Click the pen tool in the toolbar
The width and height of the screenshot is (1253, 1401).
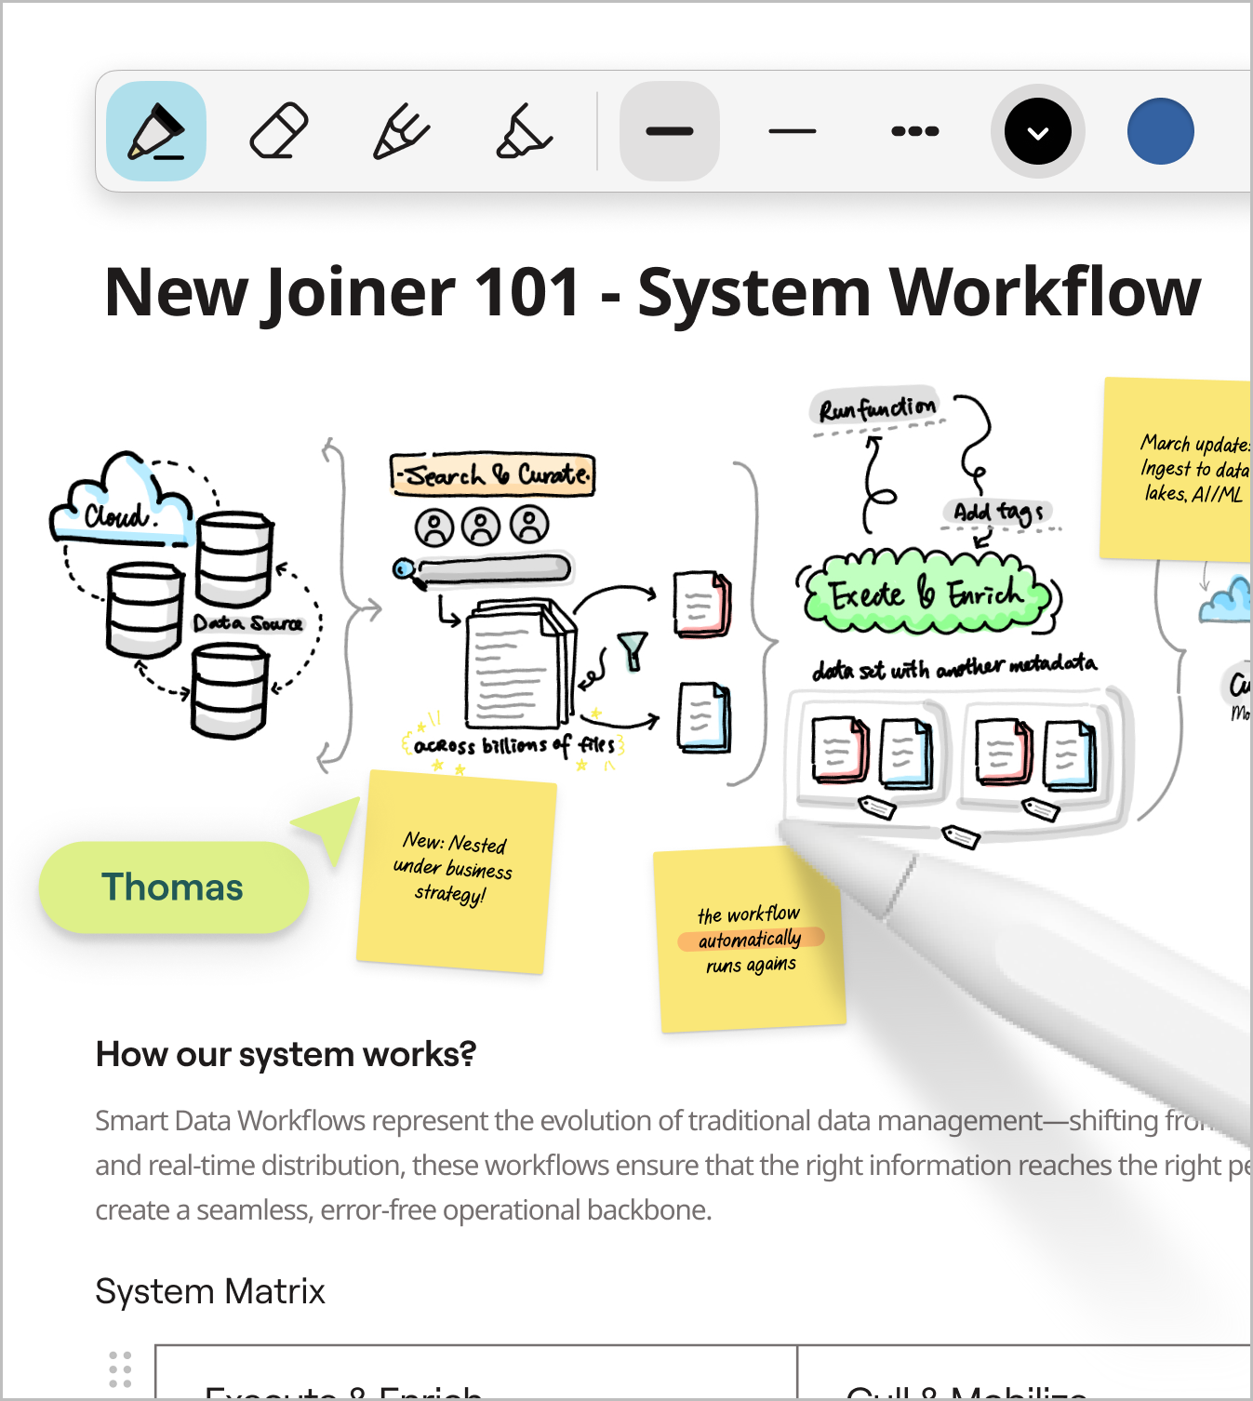pos(156,131)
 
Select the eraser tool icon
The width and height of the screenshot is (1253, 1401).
pos(279,131)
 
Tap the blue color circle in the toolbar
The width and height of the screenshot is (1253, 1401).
pos(1160,131)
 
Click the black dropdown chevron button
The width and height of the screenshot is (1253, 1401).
pos(1037,131)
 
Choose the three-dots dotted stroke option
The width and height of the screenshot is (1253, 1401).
pos(914,131)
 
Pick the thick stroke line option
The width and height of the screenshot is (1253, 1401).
pos(670,131)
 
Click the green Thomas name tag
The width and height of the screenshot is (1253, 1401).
pos(173,887)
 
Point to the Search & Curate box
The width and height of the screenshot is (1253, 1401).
pos(493,475)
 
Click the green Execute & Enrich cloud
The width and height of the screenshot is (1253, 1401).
pos(926,594)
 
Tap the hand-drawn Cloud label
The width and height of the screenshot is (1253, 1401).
pos(115,514)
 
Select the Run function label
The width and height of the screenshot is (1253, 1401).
pos(876,407)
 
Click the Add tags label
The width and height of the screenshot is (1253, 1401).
pos(997,512)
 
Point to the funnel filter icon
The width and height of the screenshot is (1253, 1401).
pos(633,649)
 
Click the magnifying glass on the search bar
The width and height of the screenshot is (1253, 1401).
pos(404,568)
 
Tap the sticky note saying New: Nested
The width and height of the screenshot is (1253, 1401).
pos(455,871)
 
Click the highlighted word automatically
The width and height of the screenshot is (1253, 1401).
pos(750,939)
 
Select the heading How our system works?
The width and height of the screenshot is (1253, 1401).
pos(286,1055)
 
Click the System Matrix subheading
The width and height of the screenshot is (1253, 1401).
pos(210,1291)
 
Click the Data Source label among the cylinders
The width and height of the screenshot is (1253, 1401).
pos(247,623)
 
